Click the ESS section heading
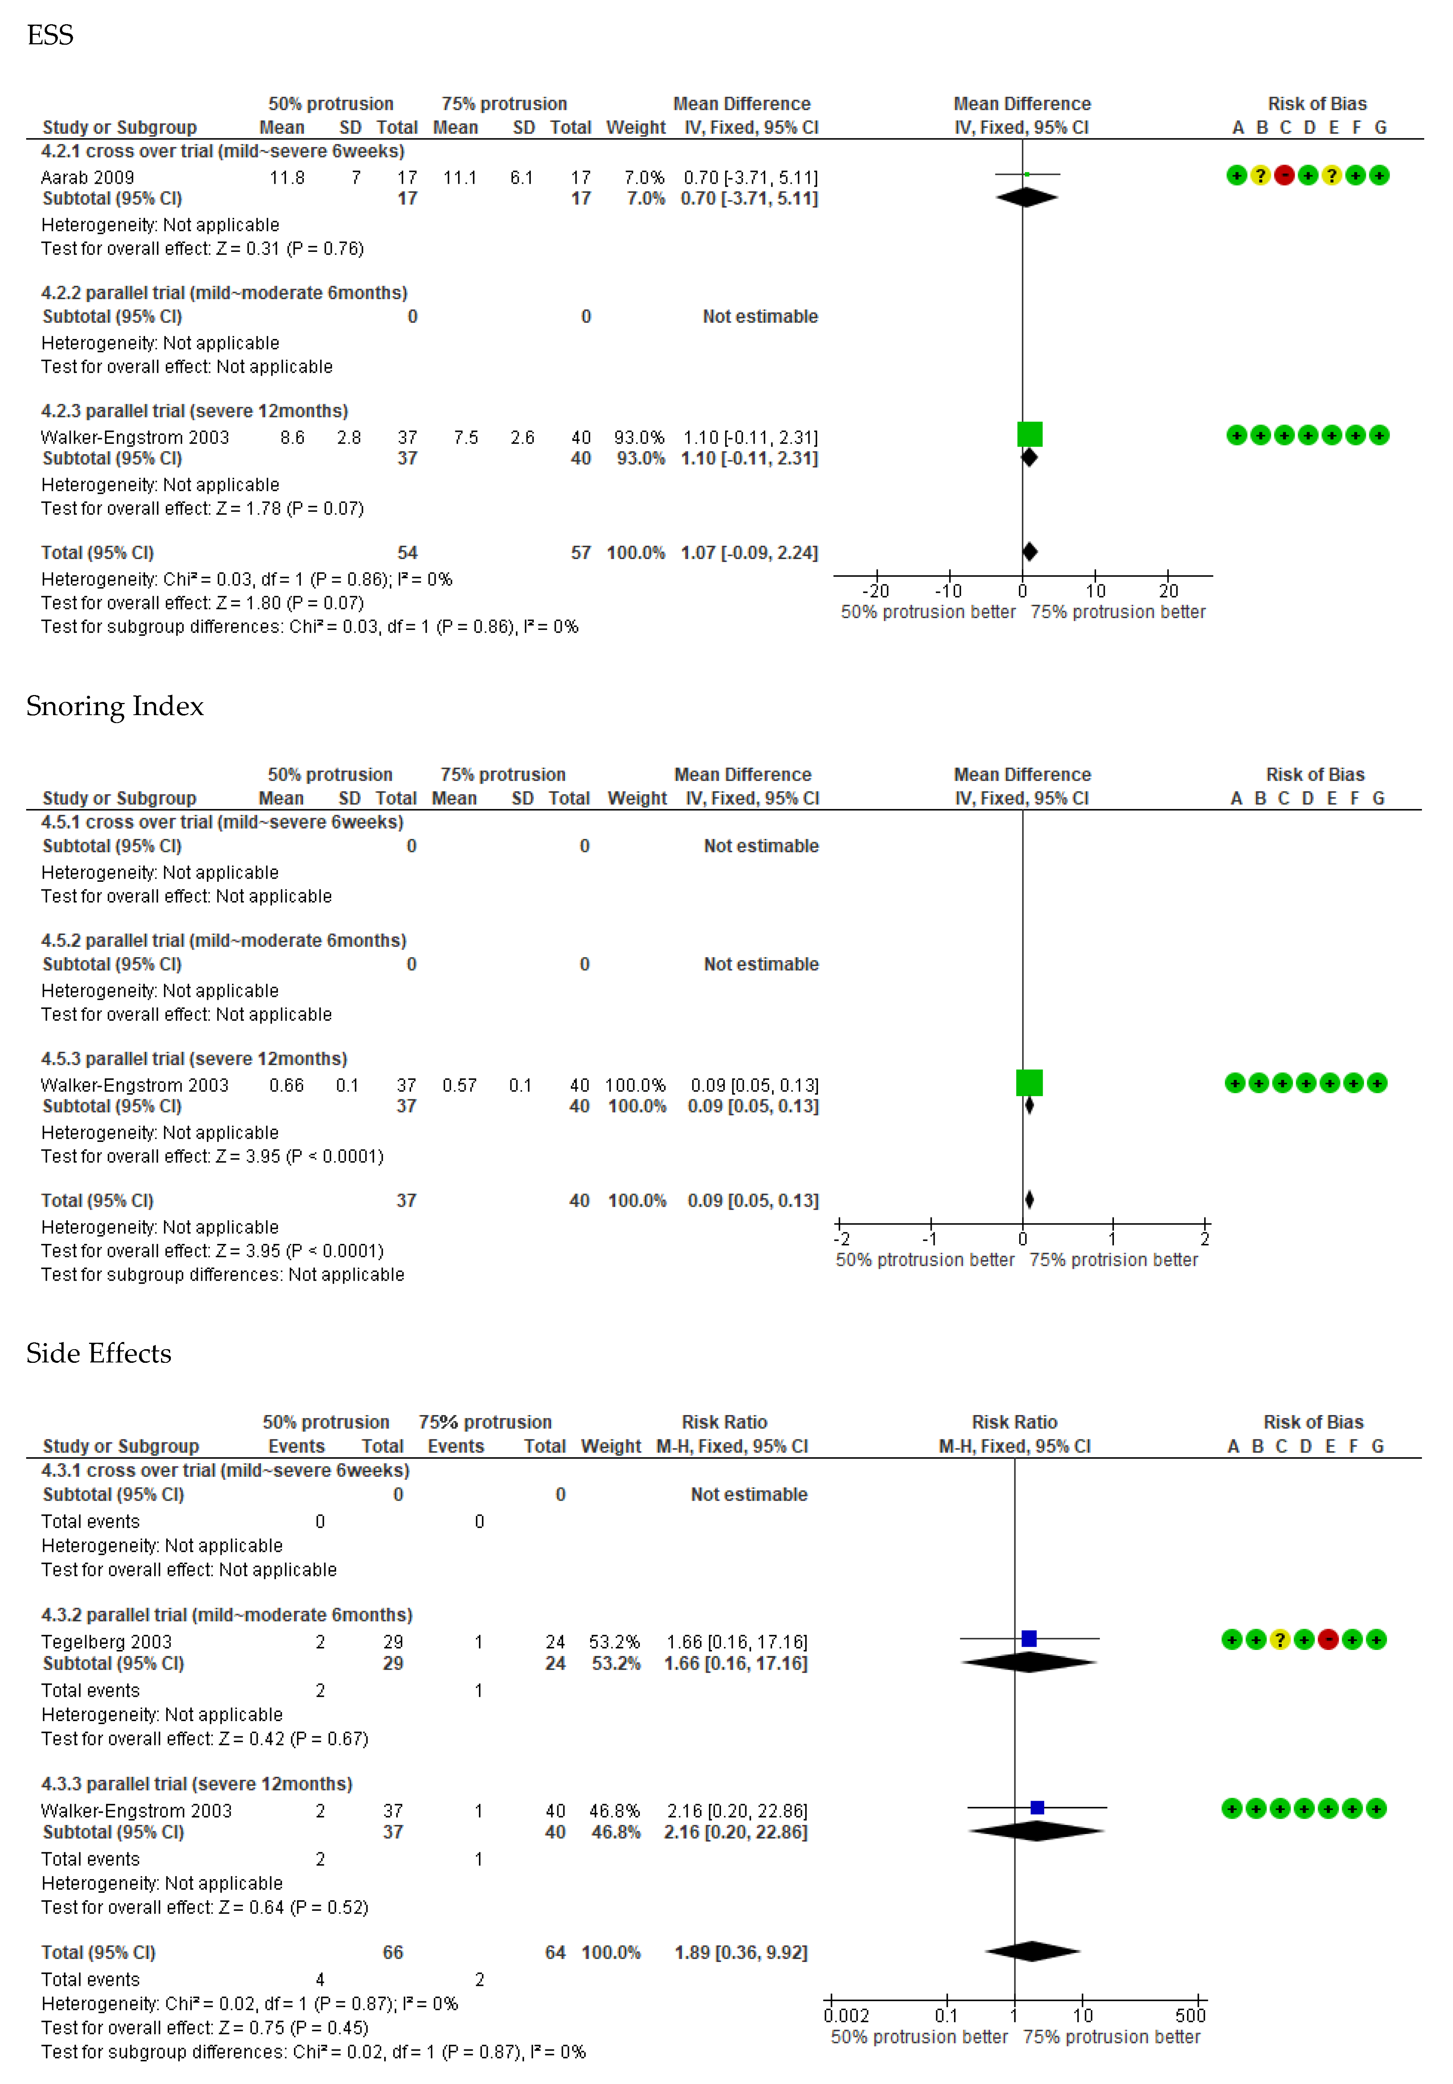click(50, 35)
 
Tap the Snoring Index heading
click(114, 706)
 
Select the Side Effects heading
click(98, 1353)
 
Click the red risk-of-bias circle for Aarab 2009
click(1283, 175)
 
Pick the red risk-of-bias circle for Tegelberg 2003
click(1328, 1639)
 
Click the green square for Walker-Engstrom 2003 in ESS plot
click(1029, 435)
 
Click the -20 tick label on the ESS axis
click(876, 591)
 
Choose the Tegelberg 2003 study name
click(106, 1642)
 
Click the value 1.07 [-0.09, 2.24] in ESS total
click(749, 553)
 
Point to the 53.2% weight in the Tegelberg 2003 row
click(614, 1642)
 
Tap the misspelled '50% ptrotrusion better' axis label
click(924, 1260)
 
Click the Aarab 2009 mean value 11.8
click(287, 178)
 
